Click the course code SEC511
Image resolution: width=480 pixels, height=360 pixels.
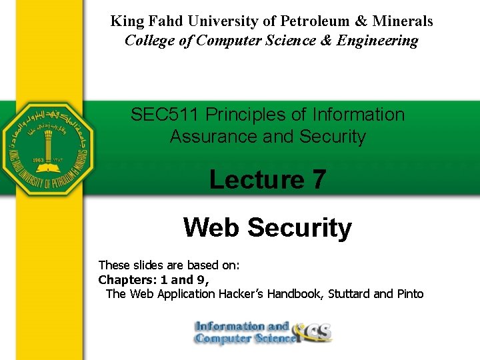pyautogui.click(x=165, y=115)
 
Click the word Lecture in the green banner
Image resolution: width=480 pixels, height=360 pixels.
pyautogui.click(x=256, y=180)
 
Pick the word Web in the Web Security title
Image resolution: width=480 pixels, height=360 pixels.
pyautogui.click(x=212, y=228)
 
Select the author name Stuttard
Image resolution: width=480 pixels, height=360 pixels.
pyautogui.click(x=349, y=294)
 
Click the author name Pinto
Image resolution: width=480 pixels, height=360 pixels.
pyautogui.click(x=409, y=294)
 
